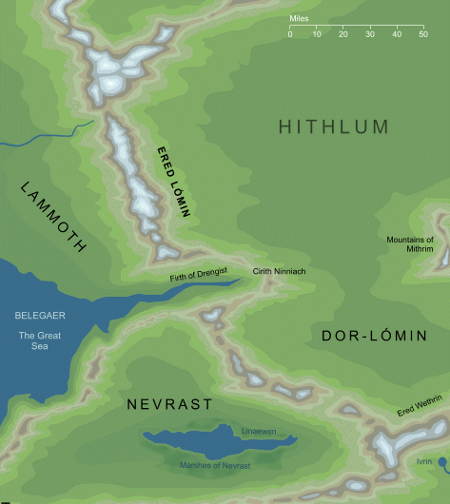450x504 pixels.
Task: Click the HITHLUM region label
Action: pyautogui.click(x=333, y=127)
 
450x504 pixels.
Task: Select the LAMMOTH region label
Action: pyautogui.click(x=52, y=218)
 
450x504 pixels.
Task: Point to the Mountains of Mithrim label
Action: pyautogui.click(x=408, y=243)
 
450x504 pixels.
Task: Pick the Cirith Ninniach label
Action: pyautogui.click(x=278, y=272)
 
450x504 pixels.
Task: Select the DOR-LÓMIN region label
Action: pyautogui.click(x=365, y=335)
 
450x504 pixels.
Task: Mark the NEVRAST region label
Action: pyautogui.click(x=168, y=404)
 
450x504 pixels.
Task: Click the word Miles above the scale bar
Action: pyautogui.click(x=301, y=19)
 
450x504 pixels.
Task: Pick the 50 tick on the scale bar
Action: pyautogui.click(x=422, y=34)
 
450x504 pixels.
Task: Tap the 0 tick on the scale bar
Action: pyautogui.click(x=290, y=34)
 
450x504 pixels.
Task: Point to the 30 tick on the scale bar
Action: pyautogui.click(x=369, y=34)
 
